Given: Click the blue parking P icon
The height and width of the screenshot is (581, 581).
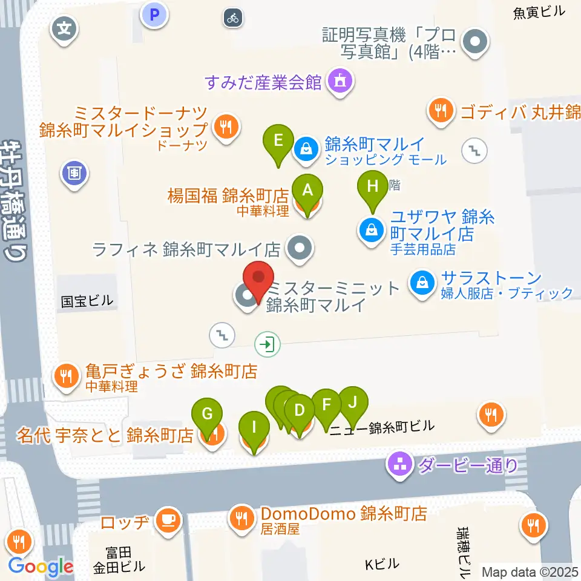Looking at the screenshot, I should point(154,15).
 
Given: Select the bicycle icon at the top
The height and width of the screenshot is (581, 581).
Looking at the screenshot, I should point(233,18).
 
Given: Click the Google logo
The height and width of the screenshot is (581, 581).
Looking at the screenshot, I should point(41,566).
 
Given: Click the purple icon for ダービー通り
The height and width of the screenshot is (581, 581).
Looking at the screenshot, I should point(399,465).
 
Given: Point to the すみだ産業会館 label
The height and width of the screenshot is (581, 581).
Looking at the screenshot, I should point(263,82).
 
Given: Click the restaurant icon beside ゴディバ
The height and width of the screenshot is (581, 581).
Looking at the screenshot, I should point(442,111).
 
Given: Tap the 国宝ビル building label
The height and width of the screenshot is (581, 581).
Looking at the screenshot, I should point(87,301).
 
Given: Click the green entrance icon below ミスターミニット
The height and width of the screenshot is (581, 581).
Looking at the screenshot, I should point(267,345).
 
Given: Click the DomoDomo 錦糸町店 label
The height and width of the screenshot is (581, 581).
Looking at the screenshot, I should point(344,514).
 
